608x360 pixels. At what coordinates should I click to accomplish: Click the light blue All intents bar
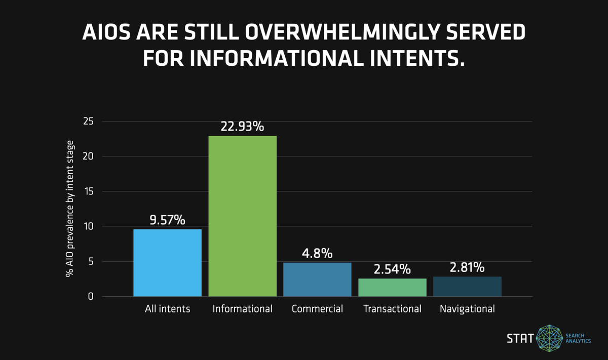pos(167,263)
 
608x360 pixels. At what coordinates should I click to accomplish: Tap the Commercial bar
pos(317,279)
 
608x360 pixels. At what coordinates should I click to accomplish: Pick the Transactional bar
pos(392,288)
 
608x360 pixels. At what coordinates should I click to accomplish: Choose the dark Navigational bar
pos(467,287)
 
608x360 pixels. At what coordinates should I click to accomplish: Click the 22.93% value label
pos(242,127)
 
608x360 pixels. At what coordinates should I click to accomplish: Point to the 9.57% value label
pos(167,220)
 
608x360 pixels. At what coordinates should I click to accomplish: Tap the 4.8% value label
pos(317,253)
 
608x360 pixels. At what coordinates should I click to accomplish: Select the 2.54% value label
pos(392,269)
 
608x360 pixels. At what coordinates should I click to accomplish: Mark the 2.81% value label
pos(467,267)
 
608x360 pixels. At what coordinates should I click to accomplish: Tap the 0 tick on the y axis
pos(91,297)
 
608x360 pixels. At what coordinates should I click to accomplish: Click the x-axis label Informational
pos(243,309)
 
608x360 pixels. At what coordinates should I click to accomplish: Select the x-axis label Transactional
pos(392,309)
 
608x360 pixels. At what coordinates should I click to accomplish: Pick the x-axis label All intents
pos(167,309)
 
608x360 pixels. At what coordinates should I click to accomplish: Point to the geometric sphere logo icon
pos(549,338)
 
